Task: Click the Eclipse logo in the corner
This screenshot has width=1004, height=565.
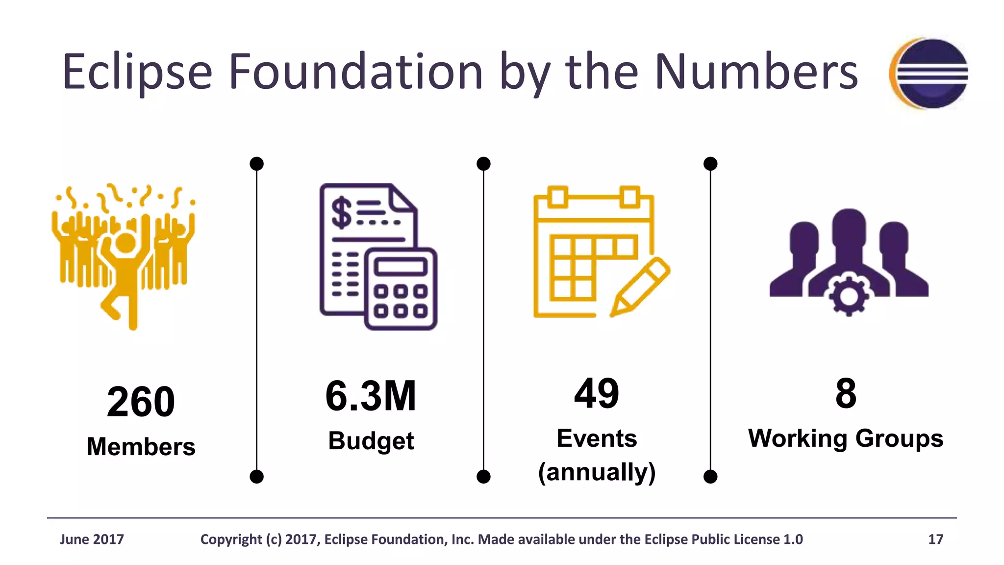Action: pos(929,74)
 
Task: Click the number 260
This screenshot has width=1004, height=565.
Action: pos(141,402)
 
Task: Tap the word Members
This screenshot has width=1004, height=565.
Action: pos(141,447)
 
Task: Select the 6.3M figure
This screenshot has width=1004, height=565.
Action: pos(371,396)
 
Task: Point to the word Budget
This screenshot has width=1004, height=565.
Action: pos(371,440)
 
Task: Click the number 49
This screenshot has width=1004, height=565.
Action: pos(597,393)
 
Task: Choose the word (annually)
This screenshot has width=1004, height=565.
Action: pos(597,472)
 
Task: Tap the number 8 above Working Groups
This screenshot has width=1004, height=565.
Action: pos(846,393)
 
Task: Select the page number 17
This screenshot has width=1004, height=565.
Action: pos(935,539)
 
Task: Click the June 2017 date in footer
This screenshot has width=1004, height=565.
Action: pos(92,539)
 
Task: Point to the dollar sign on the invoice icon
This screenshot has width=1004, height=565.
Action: pos(341,213)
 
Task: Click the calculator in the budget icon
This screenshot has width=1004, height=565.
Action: pos(401,289)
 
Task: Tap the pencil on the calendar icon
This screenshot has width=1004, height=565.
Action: pos(640,287)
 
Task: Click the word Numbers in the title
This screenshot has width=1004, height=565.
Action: pos(756,72)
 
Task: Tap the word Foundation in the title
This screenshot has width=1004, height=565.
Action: pos(355,72)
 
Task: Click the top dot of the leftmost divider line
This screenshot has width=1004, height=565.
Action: pos(256,164)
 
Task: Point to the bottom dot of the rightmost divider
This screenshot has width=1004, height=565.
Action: pos(710,476)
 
